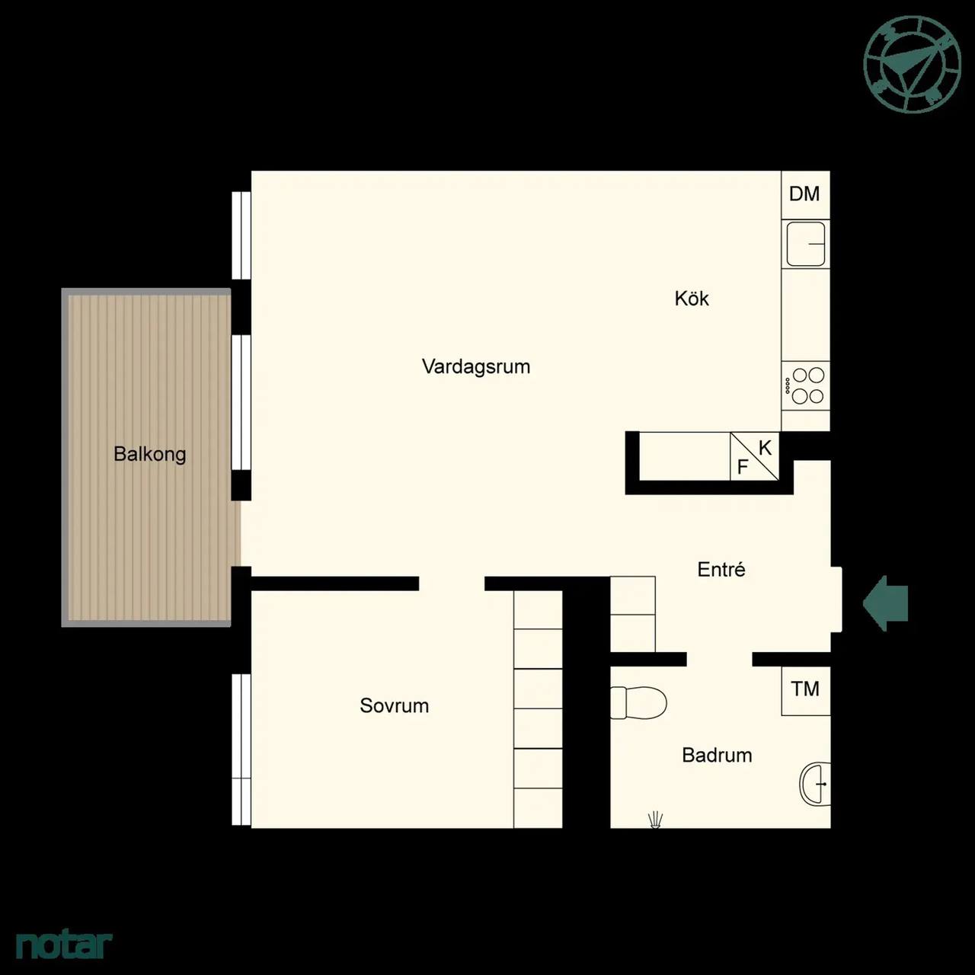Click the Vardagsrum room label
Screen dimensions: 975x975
pyautogui.click(x=476, y=367)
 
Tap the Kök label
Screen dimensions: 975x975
pyautogui.click(x=691, y=299)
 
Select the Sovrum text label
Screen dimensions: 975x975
pyautogui.click(x=394, y=705)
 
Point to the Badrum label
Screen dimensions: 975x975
pyautogui.click(x=717, y=755)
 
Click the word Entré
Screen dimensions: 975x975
pyautogui.click(x=721, y=569)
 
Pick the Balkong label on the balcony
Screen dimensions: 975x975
pyautogui.click(x=150, y=454)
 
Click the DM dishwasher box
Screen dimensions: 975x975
pyautogui.click(x=805, y=195)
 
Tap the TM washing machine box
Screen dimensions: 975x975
pyautogui.click(x=806, y=691)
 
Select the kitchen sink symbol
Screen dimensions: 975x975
pyautogui.click(x=805, y=245)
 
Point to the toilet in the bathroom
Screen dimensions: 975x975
pyautogui.click(x=638, y=702)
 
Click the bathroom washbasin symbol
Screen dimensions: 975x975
pyautogui.click(x=815, y=784)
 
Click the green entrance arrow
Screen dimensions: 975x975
pyautogui.click(x=885, y=603)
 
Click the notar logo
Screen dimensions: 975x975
pyautogui.click(x=64, y=944)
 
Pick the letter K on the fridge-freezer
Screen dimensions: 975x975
pyautogui.click(x=765, y=448)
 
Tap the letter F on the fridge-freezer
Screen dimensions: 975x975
pyautogui.click(x=743, y=467)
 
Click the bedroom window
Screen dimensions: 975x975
pyautogui.click(x=241, y=750)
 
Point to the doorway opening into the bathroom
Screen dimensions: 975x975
pyautogui.click(x=719, y=660)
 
